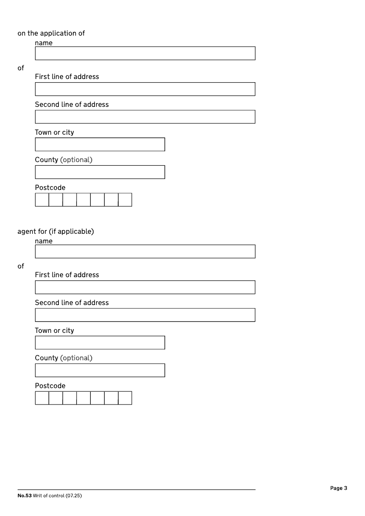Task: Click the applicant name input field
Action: tap(145, 53)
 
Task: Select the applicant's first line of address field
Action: tap(145, 89)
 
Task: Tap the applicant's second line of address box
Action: tap(145, 117)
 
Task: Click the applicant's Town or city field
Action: tap(100, 144)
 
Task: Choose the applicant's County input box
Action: tap(100, 172)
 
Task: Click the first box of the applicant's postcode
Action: tap(42, 200)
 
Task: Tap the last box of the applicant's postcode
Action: tap(125, 200)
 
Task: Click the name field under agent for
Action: tap(145, 252)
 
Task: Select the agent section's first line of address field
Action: tap(145, 287)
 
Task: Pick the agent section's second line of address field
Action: tap(145, 315)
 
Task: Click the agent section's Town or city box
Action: tap(100, 342)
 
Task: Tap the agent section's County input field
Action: tap(100, 370)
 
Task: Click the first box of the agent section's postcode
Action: tap(42, 398)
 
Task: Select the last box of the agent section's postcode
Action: tap(125, 398)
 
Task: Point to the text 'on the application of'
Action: tap(51, 33)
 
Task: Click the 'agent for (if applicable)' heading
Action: tap(56, 232)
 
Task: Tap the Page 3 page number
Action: tap(339, 488)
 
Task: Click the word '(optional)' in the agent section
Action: tap(76, 358)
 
